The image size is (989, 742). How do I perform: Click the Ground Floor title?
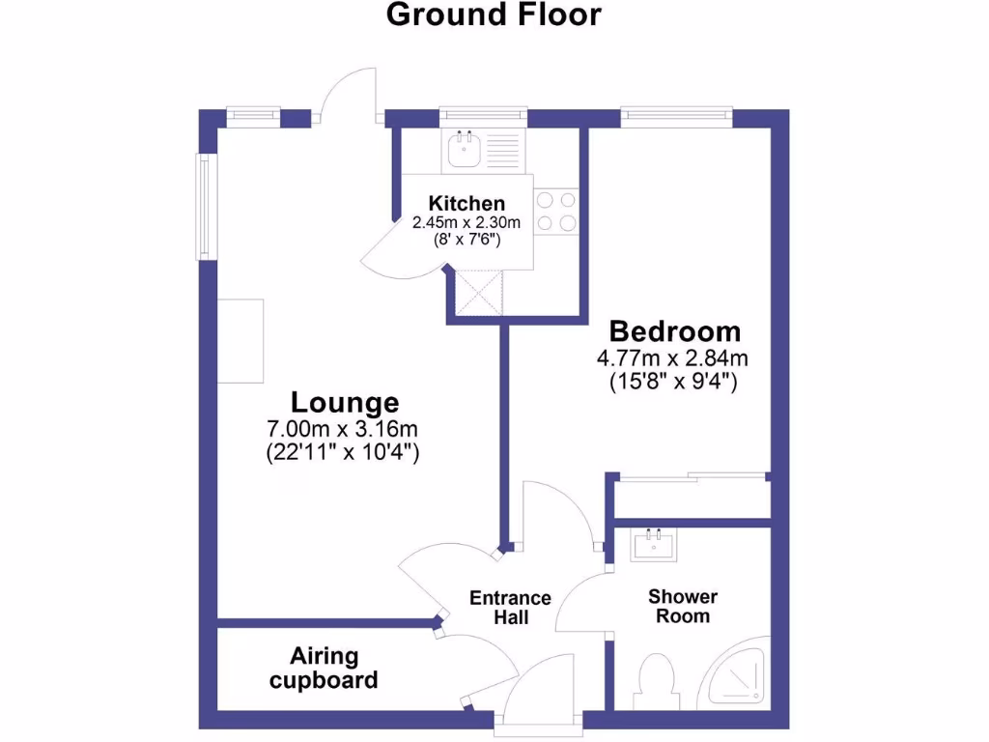point(494,15)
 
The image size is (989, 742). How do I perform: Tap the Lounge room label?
point(345,401)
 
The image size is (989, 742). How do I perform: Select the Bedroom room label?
point(674,331)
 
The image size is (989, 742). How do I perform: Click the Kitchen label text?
point(466,203)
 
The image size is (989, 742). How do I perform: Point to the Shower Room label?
point(683,606)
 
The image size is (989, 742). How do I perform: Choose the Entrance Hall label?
point(510,607)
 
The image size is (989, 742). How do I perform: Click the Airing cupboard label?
point(324,668)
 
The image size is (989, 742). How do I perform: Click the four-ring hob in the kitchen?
point(555,212)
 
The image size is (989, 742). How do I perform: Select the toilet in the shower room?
point(657,679)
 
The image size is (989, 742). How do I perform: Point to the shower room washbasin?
point(656,546)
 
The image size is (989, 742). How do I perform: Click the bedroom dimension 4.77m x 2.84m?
point(673,358)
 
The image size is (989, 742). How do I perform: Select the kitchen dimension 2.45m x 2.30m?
point(466,222)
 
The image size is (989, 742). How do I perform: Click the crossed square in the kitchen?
point(480,292)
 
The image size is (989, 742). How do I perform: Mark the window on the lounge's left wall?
point(206,207)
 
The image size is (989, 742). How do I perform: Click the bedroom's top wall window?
point(676,116)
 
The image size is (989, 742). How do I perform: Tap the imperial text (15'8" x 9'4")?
point(673,382)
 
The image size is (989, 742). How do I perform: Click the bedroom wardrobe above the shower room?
point(692,499)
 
